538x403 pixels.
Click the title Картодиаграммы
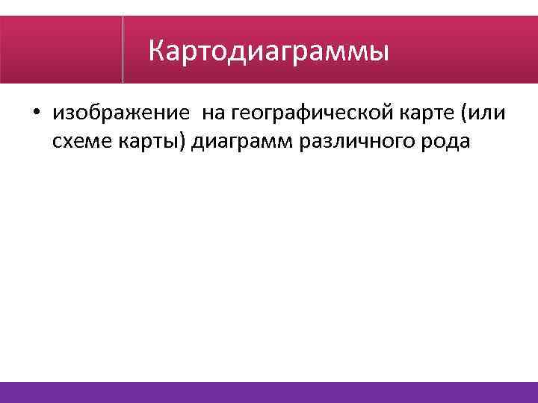pyautogui.click(x=268, y=52)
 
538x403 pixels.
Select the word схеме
pyautogui.click(x=80, y=141)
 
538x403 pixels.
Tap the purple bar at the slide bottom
pyautogui.click(x=269, y=393)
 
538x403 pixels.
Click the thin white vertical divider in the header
pyautogui.click(x=123, y=49)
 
